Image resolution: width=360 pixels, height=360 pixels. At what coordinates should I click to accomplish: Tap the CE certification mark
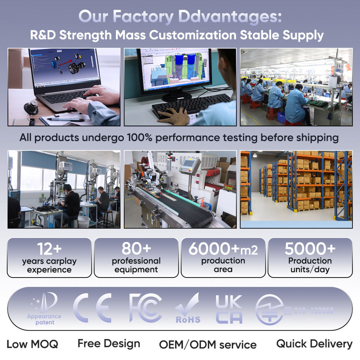[x=92, y=308]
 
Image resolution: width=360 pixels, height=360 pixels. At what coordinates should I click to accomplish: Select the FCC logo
[x=145, y=308]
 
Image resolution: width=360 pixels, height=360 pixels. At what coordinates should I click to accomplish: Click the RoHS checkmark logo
[x=187, y=308]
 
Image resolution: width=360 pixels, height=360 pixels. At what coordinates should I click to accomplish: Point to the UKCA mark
[x=229, y=309]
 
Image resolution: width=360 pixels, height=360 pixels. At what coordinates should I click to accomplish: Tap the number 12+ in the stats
[x=49, y=249]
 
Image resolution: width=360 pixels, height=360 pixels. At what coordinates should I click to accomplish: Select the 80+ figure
[x=136, y=248]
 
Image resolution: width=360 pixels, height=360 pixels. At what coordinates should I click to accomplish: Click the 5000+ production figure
[x=310, y=249]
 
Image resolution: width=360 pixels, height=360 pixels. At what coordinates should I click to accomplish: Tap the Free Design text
[x=109, y=343]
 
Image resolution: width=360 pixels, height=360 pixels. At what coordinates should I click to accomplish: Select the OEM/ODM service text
[x=208, y=345]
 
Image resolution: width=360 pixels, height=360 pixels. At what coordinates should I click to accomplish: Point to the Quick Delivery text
[x=314, y=343]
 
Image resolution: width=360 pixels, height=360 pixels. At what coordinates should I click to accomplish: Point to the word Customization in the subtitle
[x=193, y=35]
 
